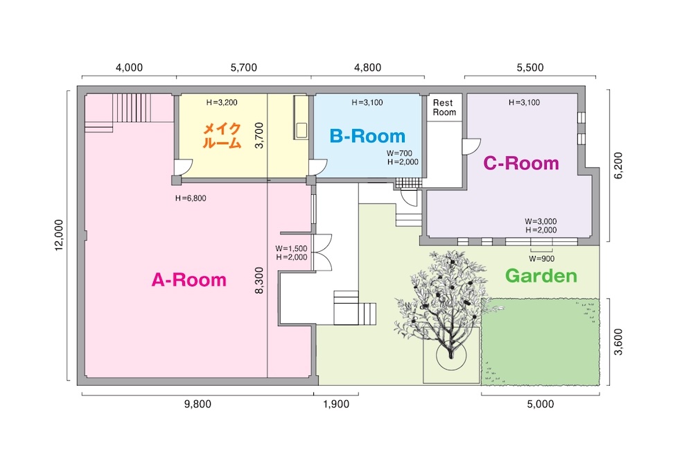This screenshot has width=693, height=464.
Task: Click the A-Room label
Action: click(x=188, y=280)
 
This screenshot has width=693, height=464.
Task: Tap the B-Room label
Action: click(x=367, y=136)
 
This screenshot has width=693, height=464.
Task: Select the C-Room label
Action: click(x=521, y=163)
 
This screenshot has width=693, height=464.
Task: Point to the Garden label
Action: click(x=541, y=275)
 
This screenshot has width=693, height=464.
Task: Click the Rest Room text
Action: click(x=444, y=108)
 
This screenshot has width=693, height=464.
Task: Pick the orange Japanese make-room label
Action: click(x=222, y=136)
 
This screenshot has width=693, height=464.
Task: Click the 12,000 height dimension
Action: click(x=59, y=235)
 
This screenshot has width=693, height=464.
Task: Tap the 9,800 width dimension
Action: click(x=198, y=404)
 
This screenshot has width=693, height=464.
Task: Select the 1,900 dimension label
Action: click(x=336, y=404)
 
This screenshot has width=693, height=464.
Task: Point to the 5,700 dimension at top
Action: click(x=243, y=68)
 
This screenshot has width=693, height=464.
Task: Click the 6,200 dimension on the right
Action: click(x=618, y=166)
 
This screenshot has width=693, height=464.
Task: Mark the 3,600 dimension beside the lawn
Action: click(x=618, y=341)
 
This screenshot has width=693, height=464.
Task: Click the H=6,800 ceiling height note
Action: click(x=191, y=198)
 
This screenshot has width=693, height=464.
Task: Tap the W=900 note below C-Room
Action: click(x=541, y=259)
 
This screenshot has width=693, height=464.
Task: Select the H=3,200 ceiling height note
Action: click(x=222, y=103)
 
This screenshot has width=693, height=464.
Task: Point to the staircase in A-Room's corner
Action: click(x=132, y=108)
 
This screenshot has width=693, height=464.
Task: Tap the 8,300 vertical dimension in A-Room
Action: click(x=259, y=280)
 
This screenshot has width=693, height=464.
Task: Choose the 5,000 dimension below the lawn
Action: click(x=540, y=404)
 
